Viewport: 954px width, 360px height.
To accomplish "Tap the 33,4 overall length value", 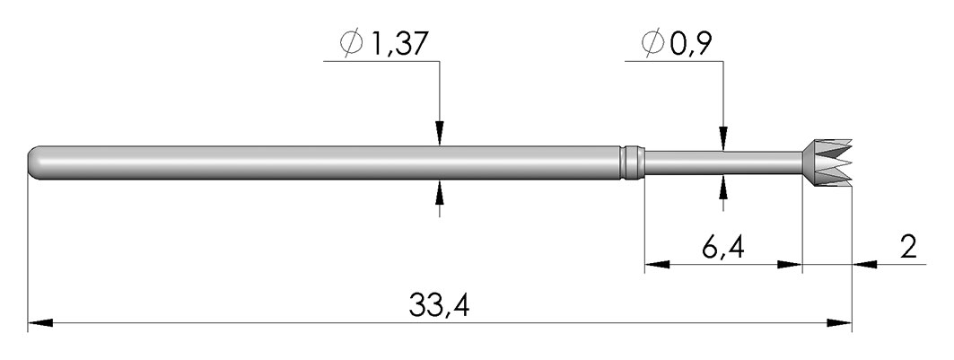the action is pos(439,306).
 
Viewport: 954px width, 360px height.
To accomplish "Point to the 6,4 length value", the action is pos(722,248).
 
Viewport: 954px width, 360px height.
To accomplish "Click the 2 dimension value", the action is pos(907,248).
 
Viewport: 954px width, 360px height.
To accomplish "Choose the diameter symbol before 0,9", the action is pos(652,44).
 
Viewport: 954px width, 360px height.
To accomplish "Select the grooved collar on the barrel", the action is pos(632,162).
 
